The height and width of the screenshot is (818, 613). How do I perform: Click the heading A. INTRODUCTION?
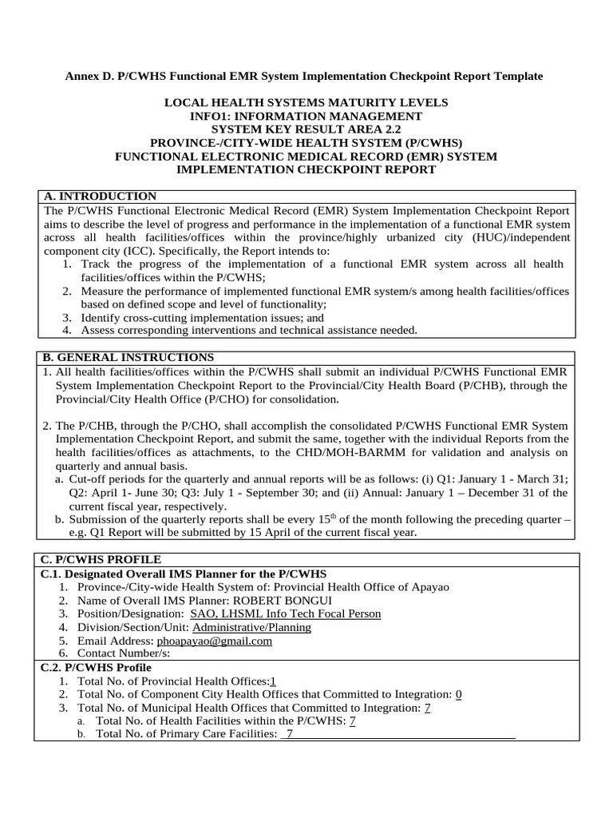[x=100, y=197]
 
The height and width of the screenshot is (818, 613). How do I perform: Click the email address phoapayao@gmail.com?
[x=216, y=641]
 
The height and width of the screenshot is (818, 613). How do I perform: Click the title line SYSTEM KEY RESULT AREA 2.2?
[x=306, y=129]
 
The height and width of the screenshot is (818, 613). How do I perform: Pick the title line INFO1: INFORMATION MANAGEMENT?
[x=306, y=116]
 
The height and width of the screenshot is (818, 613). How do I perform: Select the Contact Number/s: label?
[x=124, y=653]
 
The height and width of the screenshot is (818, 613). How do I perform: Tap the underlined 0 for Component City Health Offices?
[x=458, y=694]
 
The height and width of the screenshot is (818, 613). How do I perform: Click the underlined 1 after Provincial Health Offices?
[x=273, y=681]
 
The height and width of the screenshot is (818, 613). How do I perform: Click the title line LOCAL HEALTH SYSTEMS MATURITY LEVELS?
[x=306, y=102]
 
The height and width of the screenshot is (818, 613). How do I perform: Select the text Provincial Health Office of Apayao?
[x=359, y=587]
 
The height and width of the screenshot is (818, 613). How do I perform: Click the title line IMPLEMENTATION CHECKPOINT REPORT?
[x=306, y=169]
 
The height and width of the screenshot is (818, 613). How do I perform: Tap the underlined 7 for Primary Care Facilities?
[x=290, y=734]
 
